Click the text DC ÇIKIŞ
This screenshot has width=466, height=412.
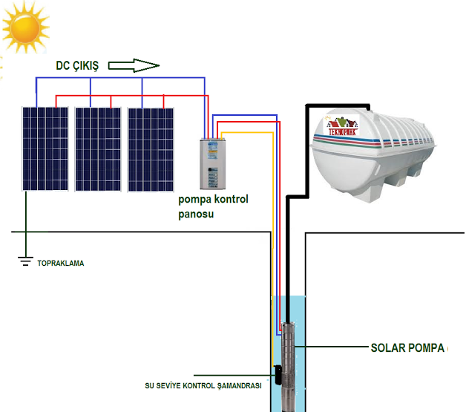click(x=78, y=65)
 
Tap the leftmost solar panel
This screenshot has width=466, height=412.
click(x=45, y=148)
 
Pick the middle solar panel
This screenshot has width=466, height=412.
click(x=98, y=148)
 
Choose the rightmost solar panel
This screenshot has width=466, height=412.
click(x=151, y=148)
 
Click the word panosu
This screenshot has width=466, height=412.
click(x=196, y=214)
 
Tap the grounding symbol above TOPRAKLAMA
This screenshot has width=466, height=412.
click(x=25, y=260)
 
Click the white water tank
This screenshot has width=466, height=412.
click(x=382, y=156)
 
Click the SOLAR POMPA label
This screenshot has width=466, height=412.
click(x=407, y=347)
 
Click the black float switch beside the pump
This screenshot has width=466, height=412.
click(x=274, y=373)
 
